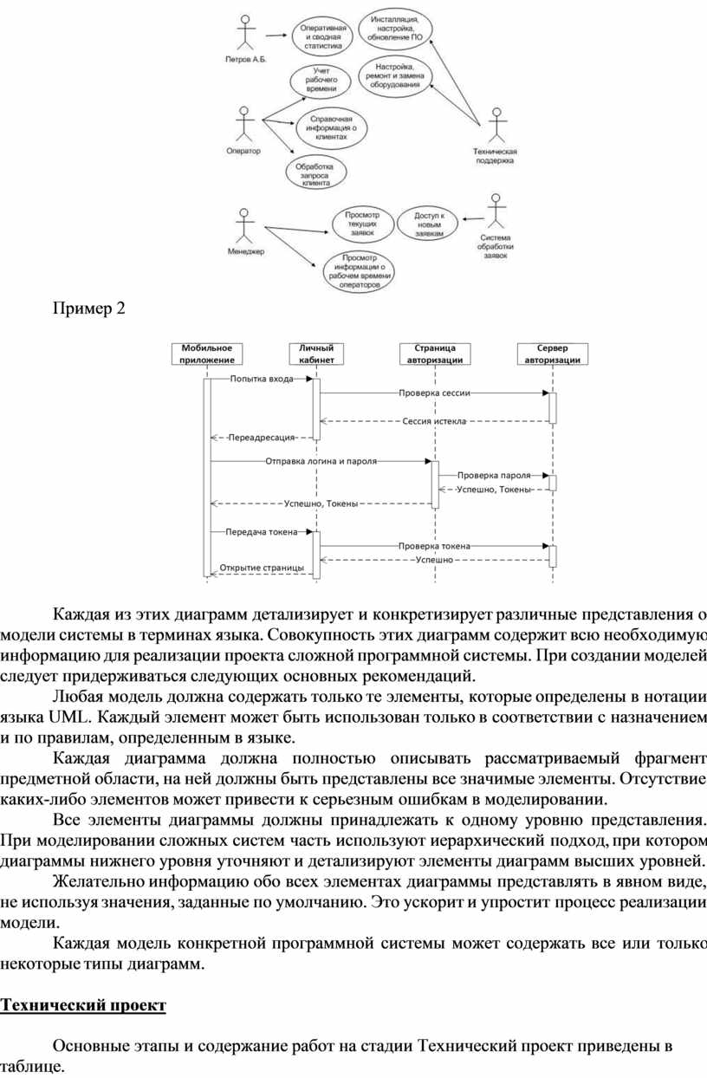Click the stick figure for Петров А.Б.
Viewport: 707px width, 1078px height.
[246, 33]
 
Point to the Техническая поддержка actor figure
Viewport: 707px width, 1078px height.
[496, 127]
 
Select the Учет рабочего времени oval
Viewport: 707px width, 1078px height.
[320, 80]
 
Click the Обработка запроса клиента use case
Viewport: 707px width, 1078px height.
[315, 173]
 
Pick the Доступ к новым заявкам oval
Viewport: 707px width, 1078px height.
[428, 224]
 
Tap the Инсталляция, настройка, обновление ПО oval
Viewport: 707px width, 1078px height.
[396, 31]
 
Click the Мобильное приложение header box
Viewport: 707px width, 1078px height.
[207, 354]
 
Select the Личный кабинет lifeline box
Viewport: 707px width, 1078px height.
[316, 354]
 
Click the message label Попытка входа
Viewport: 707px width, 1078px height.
[262, 379]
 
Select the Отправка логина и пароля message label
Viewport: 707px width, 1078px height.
[321, 461]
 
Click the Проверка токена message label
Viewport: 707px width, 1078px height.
[434, 546]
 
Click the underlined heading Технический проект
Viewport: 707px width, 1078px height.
[82, 1005]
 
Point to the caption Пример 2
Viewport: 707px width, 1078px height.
[90, 308]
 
